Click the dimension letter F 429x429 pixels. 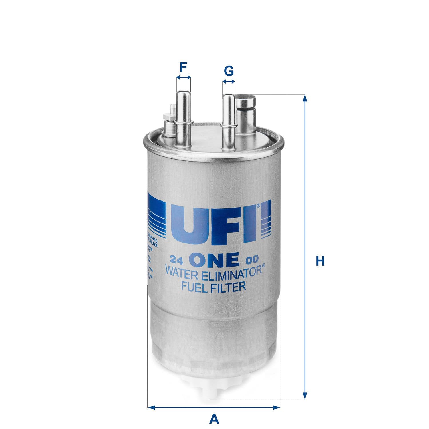[183, 68]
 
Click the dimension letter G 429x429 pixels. [229, 71]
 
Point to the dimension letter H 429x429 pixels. [320, 261]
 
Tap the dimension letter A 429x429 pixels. [214, 419]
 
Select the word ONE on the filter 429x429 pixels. [215, 259]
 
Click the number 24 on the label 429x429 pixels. [176, 260]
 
